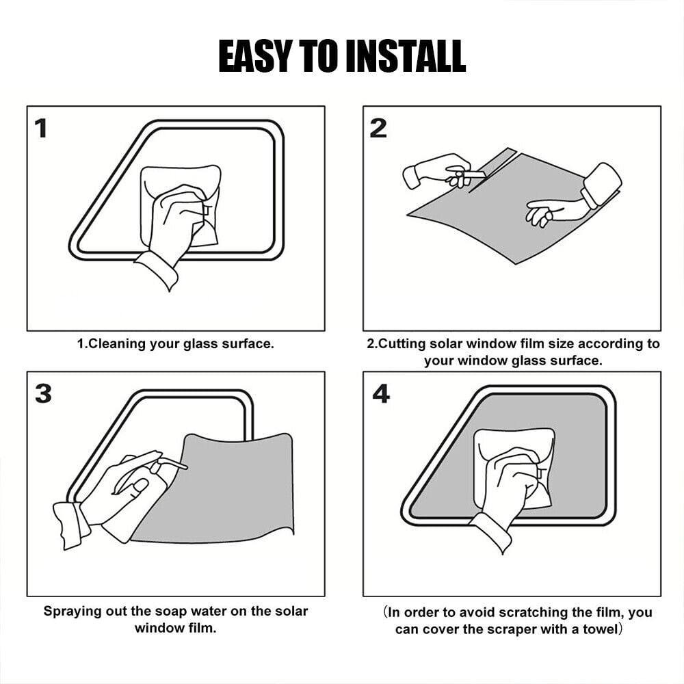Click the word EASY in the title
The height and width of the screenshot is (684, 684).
point(255,55)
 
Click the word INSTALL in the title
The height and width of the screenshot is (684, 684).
point(406,55)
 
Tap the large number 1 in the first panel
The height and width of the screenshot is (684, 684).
point(41,129)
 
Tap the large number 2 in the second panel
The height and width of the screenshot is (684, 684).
point(378,129)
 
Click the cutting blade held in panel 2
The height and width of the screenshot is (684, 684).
point(473,175)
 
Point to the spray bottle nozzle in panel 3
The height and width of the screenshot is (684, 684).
point(174,463)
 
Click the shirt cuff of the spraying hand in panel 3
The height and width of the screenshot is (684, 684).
point(69,525)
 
